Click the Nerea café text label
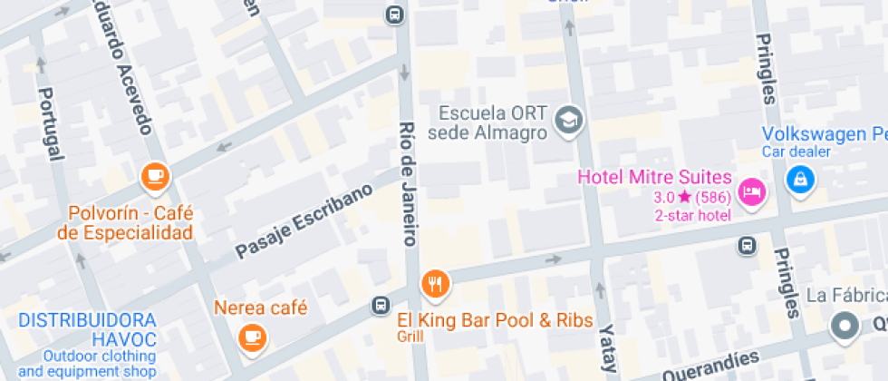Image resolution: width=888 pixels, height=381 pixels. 261,307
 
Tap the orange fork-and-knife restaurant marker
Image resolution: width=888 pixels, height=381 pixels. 436,285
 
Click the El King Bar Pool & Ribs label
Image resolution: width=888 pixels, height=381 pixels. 495,320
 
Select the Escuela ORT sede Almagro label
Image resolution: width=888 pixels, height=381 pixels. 493,123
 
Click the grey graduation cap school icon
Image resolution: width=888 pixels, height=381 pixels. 569,120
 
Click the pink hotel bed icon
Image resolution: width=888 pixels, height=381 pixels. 751,191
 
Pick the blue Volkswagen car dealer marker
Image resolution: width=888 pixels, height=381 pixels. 800,180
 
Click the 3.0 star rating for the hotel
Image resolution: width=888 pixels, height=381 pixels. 672,197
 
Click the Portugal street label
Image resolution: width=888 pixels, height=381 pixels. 51,123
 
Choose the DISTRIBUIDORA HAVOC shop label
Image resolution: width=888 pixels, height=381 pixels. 88,330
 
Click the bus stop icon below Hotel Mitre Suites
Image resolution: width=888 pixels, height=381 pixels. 747,245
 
